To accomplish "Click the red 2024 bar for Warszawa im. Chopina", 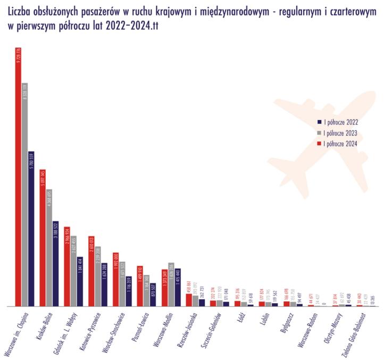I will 19,181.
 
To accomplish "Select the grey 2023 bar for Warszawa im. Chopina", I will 25,197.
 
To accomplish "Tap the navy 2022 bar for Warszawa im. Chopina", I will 31,229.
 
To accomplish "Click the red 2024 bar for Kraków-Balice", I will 43,239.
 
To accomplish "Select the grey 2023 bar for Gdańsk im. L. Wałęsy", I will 73,271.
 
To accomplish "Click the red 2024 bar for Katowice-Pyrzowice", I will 91,272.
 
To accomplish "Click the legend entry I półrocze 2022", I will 336,122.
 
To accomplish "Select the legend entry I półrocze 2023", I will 336,132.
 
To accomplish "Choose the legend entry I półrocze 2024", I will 336,143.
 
